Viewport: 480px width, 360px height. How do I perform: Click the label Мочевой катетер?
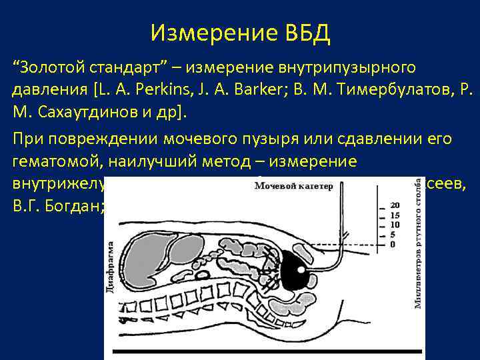click(293, 187)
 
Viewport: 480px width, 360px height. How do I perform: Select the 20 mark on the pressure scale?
click(395, 204)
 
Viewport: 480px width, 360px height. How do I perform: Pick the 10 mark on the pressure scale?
click(395, 225)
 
